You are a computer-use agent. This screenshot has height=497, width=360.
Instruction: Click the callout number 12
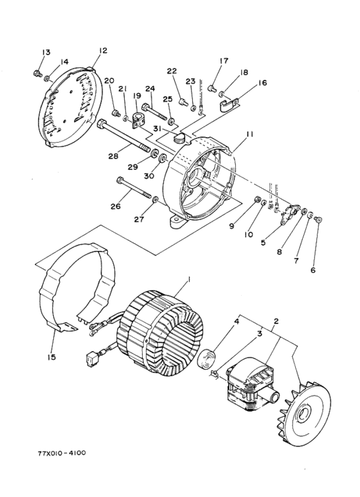pyautogui.click(x=104, y=50)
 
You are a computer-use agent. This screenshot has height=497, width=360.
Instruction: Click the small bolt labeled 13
pyautogui.click(x=37, y=71)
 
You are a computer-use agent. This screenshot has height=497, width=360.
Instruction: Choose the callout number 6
pyautogui.click(x=313, y=270)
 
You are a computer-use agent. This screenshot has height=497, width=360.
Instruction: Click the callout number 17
pyautogui.click(x=224, y=61)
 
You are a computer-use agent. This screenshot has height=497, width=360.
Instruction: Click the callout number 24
pyautogui.click(x=150, y=89)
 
